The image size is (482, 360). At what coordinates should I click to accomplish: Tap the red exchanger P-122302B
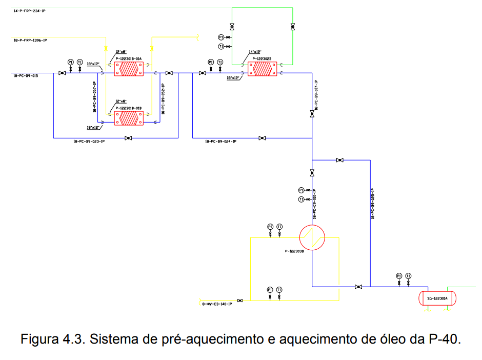[x=262, y=69]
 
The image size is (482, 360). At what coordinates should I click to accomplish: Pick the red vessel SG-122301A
[x=437, y=298]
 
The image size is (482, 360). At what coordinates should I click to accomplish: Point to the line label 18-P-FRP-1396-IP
[x=30, y=40]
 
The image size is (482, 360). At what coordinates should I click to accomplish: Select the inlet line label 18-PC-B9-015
[x=26, y=76]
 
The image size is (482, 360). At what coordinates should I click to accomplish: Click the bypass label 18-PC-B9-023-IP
[x=89, y=141]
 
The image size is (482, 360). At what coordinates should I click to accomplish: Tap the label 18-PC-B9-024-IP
[x=220, y=141]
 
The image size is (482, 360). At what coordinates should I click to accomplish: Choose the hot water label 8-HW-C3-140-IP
[x=217, y=304]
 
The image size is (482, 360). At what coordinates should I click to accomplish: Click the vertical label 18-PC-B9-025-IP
[x=373, y=203]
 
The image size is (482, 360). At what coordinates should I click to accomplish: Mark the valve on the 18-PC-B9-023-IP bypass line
[x=128, y=138]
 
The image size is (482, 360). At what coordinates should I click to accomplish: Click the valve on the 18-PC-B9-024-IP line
[x=262, y=138]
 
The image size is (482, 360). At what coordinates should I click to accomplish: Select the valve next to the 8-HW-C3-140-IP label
[x=240, y=301]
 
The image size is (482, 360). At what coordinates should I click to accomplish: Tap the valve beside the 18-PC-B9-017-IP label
[x=312, y=114]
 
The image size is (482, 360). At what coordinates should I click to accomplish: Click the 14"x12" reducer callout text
[x=255, y=52]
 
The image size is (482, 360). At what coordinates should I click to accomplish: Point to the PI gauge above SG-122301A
[x=399, y=276]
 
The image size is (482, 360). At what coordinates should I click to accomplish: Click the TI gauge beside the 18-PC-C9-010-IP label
[x=302, y=199]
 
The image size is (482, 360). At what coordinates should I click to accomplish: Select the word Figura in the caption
[x=39, y=339]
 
